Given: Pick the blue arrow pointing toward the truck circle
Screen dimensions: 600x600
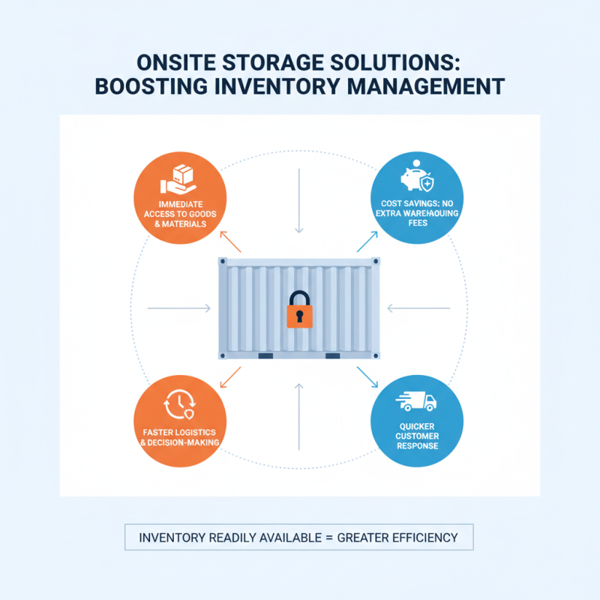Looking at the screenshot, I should pos(367,376).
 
